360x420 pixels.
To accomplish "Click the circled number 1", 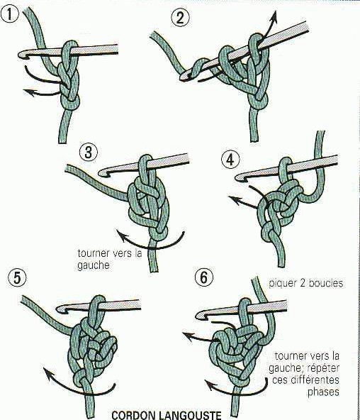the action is (x=9, y=14).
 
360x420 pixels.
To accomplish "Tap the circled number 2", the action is (x=180, y=18).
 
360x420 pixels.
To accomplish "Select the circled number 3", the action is (x=89, y=152).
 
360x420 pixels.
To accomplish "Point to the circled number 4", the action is (x=230, y=160).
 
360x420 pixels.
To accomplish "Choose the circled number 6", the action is (x=204, y=277).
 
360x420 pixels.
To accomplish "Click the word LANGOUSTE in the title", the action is (x=190, y=414).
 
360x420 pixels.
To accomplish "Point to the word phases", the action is (x=323, y=392).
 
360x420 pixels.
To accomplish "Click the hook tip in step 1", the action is (x=20, y=55).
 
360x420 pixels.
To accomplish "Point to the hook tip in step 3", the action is (x=101, y=173).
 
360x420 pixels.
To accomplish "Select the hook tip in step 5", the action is (x=59, y=309).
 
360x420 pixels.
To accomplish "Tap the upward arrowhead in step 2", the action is (x=274, y=16).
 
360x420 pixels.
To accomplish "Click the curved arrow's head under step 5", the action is (x=47, y=374).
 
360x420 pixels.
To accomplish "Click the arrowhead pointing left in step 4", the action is (x=232, y=199).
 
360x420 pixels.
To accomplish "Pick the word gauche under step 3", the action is (x=94, y=265).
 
